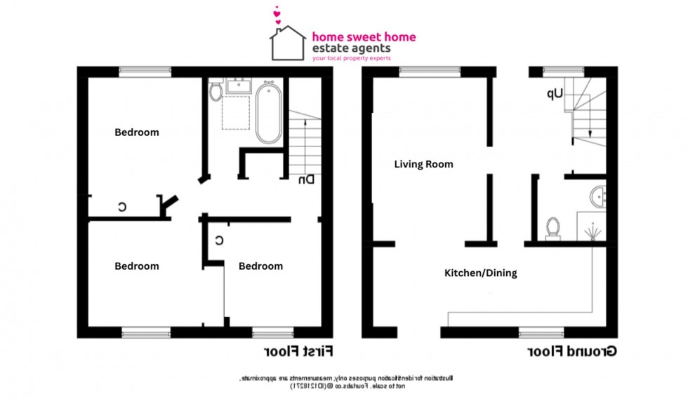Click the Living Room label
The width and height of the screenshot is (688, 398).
tap(423, 165)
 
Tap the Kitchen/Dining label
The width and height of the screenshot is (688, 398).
tap(481, 273)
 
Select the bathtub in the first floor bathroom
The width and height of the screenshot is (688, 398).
tap(268, 113)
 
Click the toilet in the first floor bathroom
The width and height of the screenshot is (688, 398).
tap(216, 91)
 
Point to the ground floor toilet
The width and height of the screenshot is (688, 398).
tap(553, 228)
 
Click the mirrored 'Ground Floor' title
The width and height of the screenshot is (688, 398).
tap(569, 350)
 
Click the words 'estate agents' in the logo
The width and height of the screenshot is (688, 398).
tap(352, 49)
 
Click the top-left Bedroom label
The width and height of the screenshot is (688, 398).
tap(137, 132)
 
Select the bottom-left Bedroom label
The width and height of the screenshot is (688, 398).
tap(137, 266)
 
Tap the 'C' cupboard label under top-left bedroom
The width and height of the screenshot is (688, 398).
tap(121, 207)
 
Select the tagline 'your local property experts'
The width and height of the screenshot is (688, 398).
tap(351, 60)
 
